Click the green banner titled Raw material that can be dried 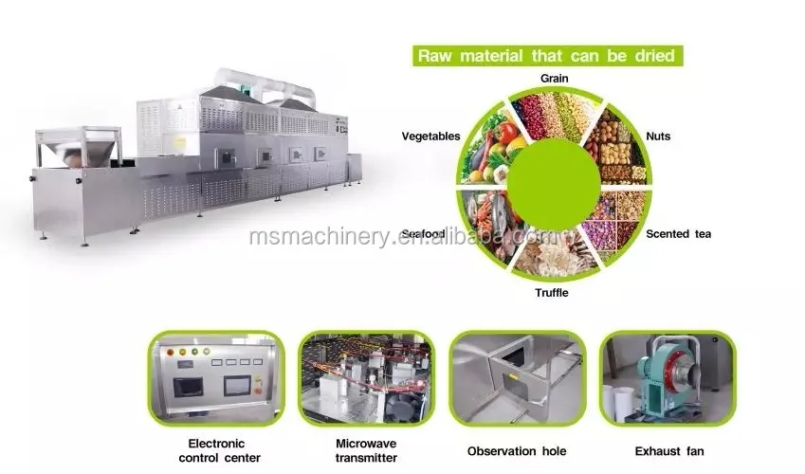547,55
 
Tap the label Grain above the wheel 555,79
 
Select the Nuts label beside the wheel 658,137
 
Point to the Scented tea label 678,233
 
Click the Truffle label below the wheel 551,293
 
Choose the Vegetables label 430,137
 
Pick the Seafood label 423,233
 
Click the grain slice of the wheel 555,114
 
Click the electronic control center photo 216,377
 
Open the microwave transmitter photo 366,377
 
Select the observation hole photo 517,377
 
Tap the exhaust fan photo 667,377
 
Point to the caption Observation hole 517,451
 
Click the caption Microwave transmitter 366,450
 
